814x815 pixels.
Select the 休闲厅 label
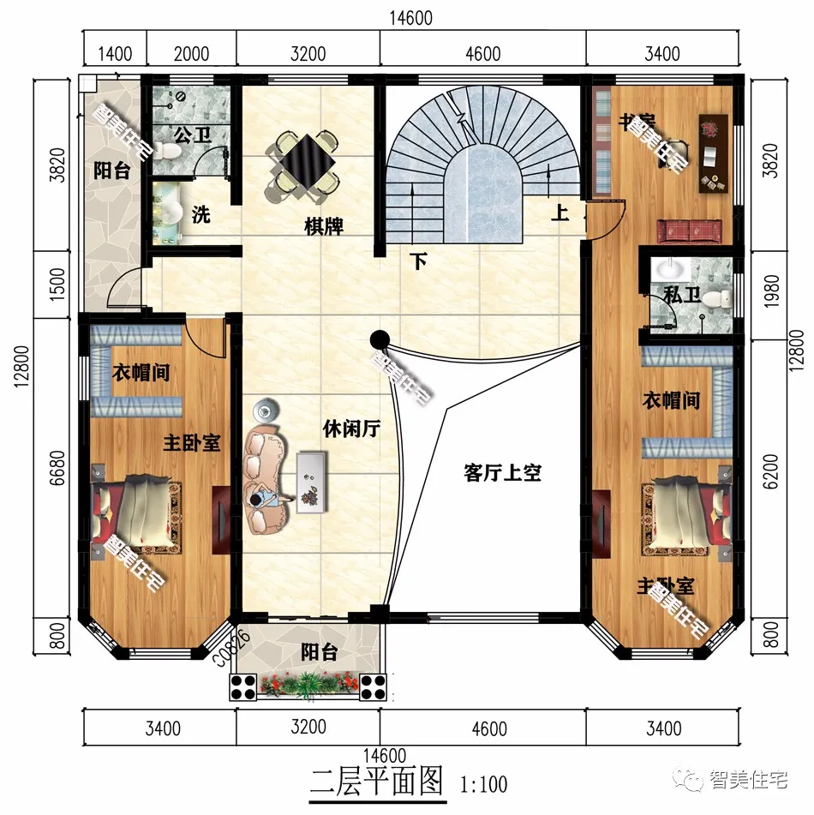(x=351, y=428)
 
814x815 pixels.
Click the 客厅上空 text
(x=503, y=472)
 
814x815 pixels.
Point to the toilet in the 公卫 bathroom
(x=169, y=152)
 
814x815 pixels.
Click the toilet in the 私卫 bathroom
(x=725, y=300)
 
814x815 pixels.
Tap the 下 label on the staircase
(x=418, y=261)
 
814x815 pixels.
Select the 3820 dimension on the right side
(x=769, y=163)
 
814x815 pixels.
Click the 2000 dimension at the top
(x=191, y=54)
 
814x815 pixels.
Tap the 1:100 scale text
(x=484, y=784)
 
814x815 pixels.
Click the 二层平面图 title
(x=377, y=782)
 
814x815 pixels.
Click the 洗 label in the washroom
(x=201, y=214)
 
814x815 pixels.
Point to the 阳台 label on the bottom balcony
(x=319, y=653)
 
